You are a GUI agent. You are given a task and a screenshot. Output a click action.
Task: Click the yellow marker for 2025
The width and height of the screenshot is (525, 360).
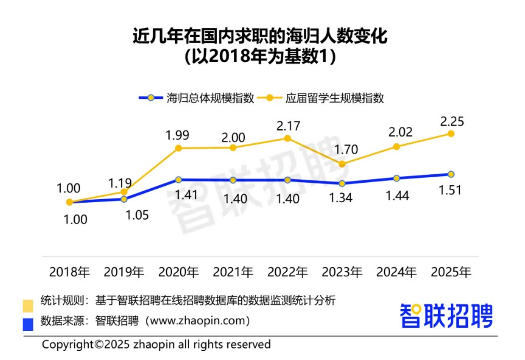451,134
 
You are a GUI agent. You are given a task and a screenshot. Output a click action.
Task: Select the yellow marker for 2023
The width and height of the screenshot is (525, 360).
342,164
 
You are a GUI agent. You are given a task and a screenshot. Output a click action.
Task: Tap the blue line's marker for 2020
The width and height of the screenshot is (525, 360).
179,180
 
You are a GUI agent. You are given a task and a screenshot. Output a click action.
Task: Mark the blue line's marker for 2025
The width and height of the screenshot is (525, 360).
451,174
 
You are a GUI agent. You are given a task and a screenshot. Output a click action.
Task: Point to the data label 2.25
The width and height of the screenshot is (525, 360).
451,121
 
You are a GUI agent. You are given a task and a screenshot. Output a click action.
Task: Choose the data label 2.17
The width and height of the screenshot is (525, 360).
289,126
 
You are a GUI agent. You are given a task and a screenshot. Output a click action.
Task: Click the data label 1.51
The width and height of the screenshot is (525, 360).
450,190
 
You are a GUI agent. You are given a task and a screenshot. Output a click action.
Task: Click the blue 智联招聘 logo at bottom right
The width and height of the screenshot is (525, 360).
446,316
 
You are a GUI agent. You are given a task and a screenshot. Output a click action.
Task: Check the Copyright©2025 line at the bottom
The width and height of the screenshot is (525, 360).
156,344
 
